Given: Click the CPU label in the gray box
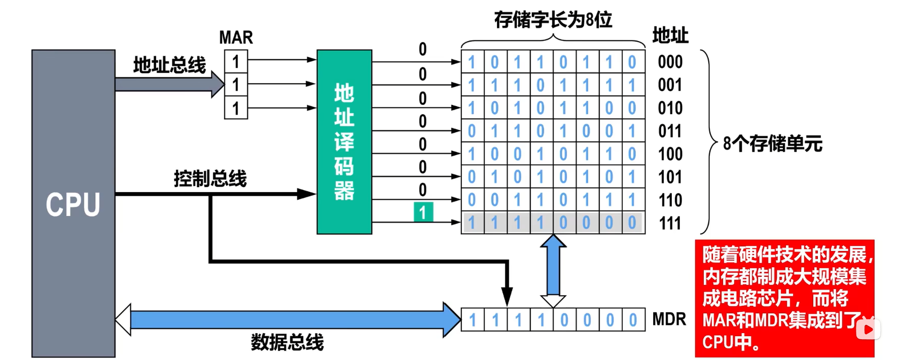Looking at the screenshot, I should coord(73,204).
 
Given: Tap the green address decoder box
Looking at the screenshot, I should coord(344,141).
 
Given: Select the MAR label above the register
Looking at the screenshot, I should coord(236,38).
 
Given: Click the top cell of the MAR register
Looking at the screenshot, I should coord(236,62).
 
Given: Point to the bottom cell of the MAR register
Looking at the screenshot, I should coord(236,108).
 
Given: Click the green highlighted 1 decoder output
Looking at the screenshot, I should coord(423,212).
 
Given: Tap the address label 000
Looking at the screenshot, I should coord(670,62).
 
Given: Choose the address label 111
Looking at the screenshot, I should coord(670,223).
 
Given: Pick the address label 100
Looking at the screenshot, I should coord(670,154).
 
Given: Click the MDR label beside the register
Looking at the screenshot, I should coord(669,319).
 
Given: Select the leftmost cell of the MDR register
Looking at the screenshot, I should coord(473,320).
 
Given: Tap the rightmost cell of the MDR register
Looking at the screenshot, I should coord(633,320).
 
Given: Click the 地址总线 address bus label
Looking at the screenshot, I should coord(169,65).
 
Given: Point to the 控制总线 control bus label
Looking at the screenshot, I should coord(210,178).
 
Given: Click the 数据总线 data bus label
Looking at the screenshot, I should coord(287,342).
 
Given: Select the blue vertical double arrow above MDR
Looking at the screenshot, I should coord(553,271).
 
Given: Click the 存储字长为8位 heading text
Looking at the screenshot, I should coord(553,20).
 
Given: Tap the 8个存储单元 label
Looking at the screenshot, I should coord(772,143).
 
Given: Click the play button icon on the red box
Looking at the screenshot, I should coord(868,330).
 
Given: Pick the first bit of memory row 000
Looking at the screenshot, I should coord(472,62).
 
